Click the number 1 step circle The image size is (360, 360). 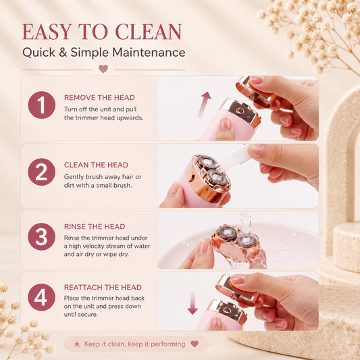(x=42, y=105)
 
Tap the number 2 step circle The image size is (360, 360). (x=42, y=172)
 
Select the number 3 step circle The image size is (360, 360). (x=42, y=236)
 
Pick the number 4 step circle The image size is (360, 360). (x=42, y=297)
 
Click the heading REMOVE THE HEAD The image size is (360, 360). (x=99, y=97)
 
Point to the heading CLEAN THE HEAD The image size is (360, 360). (x=96, y=165)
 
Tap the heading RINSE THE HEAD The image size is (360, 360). (x=95, y=227)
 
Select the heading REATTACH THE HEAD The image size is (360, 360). (x=103, y=287)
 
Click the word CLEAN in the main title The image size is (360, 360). (x=149, y=32)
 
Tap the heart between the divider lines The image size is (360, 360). (x=103, y=69)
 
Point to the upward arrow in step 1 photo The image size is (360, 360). (x=203, y=105)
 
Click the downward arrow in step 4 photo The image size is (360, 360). (x=192, y=303)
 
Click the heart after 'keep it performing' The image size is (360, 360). (x=195, y=344)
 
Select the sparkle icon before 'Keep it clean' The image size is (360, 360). (x=77, y=344)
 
